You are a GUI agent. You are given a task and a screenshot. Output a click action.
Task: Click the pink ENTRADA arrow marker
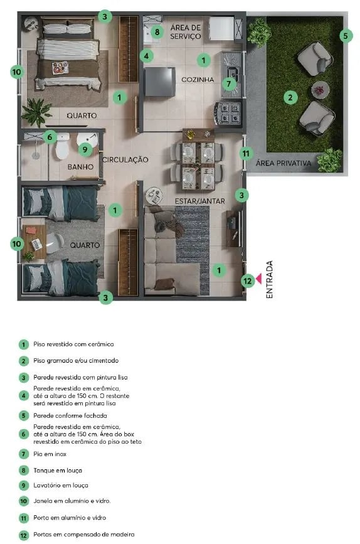[258, 281]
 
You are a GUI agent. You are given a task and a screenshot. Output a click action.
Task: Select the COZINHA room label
[198, 80]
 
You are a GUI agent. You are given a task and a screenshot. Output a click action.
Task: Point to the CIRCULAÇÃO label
[125, 160]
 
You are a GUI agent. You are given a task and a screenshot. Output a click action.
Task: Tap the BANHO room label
[80, 167]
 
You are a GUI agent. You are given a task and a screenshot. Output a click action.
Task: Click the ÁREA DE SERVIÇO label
[186, 32]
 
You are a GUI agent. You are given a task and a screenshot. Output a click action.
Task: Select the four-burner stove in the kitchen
[228, 114]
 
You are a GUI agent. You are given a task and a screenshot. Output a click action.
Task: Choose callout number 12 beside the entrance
[248, 280]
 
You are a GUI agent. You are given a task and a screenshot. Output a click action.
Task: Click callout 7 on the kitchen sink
[229, 83]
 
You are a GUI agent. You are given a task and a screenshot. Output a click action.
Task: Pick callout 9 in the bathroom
[86, 149]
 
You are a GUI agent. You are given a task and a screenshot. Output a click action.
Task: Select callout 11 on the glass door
[246, 153]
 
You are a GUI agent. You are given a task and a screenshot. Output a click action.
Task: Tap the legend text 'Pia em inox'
[50, 454]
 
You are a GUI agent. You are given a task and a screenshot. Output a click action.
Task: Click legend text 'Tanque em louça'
[57, 470]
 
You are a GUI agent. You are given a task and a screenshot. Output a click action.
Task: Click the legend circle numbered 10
[24, 501]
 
